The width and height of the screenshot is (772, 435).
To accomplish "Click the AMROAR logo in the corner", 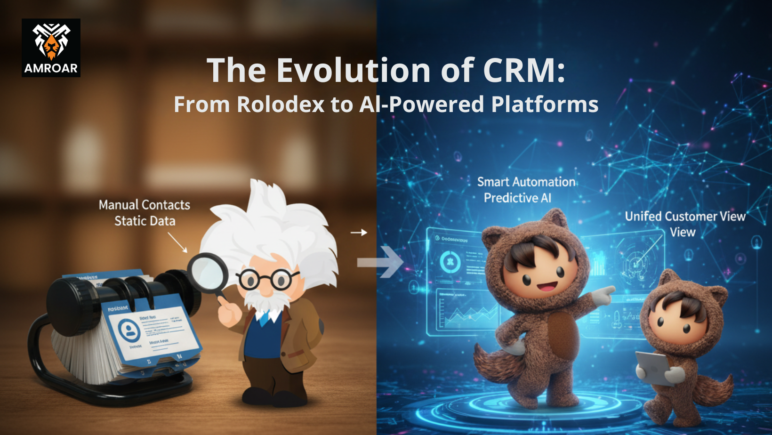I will (51, 48).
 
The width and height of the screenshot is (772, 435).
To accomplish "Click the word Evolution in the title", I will (354, 71).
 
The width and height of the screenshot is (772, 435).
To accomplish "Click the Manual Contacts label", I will (145, 205).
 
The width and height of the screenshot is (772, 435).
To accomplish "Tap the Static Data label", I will (145, 221).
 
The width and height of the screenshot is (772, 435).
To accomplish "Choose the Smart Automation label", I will (526, 182).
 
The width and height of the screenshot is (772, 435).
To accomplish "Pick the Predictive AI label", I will (517, 198).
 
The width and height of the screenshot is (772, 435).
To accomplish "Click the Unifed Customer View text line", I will (685, 217).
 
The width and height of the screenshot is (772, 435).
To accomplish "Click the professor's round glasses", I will (266, 281).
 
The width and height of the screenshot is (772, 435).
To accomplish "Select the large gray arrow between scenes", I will (379, 262).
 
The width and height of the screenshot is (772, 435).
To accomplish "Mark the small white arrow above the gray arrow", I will (359, 233).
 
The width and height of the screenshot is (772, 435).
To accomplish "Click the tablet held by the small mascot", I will (652, 368).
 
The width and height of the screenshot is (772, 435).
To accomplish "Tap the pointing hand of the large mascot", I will (603, 295).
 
